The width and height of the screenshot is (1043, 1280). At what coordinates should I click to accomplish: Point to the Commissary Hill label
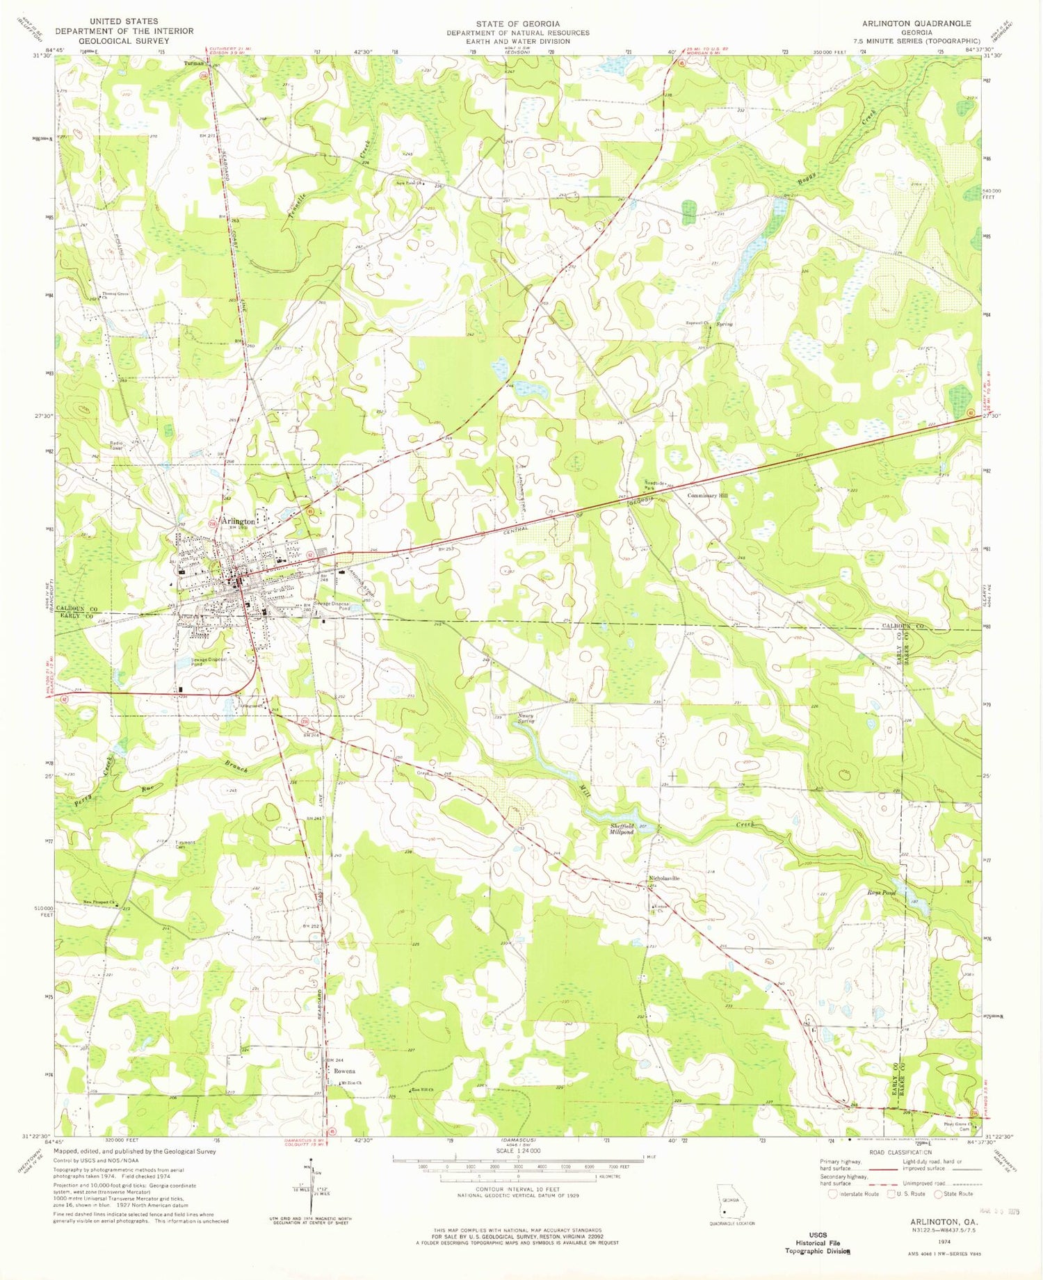click(707, 496)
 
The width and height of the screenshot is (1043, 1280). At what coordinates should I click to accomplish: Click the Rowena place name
click(344, 1071)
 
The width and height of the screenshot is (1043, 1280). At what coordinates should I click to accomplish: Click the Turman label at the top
click(193, 63)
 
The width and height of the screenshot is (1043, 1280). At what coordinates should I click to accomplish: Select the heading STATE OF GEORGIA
click(517, 24)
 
